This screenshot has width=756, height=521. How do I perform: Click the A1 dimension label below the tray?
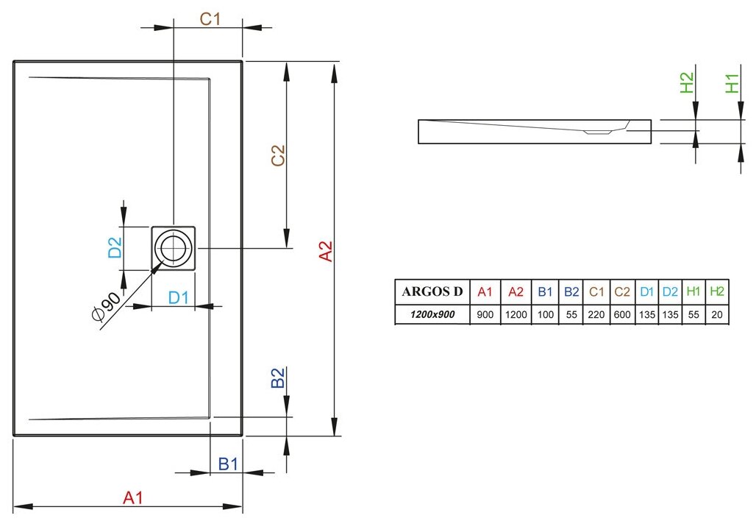132,497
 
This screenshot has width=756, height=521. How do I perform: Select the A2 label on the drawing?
326,251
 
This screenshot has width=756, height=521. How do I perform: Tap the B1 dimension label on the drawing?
228,464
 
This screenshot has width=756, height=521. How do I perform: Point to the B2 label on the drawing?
277,378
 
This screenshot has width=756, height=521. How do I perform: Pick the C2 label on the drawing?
277,156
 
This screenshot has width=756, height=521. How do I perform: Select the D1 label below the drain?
179,297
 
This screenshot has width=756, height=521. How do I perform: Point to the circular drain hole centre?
174,249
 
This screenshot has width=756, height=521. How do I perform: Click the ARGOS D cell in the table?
432,291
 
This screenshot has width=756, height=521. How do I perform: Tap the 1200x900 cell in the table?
432,314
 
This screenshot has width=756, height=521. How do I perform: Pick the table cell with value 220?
596,314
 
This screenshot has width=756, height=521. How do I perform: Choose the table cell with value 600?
622,314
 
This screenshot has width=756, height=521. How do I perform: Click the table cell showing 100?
544,314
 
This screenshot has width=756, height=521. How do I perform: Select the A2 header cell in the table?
516,291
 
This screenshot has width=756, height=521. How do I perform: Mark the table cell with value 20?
716,314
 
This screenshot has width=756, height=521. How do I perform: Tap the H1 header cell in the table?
693,291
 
